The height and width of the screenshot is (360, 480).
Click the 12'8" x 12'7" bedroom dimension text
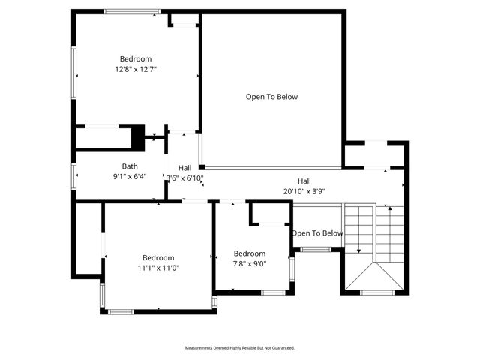point(136,69)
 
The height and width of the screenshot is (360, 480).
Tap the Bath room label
point(130,166)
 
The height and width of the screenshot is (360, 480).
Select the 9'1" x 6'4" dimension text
point(130,177)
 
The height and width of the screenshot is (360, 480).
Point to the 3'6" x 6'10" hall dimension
point(185,178)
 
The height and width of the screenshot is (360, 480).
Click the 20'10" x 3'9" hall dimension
point(304,191)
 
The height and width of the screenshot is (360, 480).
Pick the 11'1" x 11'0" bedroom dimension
point(158,268)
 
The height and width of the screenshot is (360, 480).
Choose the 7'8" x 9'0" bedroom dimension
point(250,263)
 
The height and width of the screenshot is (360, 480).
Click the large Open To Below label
point(272,97)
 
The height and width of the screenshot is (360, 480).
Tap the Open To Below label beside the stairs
point(317,233)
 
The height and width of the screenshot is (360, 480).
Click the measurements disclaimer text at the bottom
point(240,348)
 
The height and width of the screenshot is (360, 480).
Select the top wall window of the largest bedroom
point(132,11)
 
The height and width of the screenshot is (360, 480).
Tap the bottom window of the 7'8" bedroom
point(273,292)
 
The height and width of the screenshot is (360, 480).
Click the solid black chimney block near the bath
point(138,138)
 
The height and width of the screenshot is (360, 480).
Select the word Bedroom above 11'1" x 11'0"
point(158,257)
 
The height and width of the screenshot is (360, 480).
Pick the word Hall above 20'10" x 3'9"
point(304,181)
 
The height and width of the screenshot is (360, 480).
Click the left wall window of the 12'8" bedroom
point(73,72)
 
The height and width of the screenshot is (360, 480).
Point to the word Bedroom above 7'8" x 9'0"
point(250,253)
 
